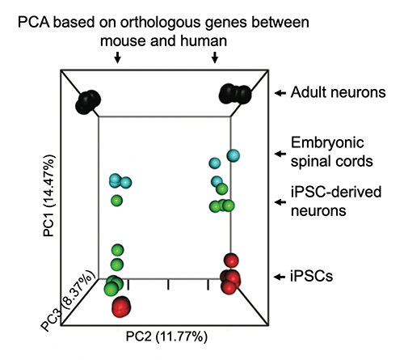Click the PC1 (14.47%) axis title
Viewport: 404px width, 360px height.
tap(49, 196)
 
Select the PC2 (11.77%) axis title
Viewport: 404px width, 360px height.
tap(166, 337)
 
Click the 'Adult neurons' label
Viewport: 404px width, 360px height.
tap(338, 92)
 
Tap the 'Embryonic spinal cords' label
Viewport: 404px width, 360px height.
tap(332, 152)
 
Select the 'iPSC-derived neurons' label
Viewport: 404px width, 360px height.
tap(336, 201)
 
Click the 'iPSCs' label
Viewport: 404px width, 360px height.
tap(312, 276)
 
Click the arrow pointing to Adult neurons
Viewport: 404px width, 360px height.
tap(280, 93)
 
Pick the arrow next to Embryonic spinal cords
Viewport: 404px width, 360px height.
tap(280, 154)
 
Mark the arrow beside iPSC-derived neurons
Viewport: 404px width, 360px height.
tap(280, 202)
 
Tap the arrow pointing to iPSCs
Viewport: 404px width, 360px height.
tap(280, 277)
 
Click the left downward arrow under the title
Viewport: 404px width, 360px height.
tap(117, 57)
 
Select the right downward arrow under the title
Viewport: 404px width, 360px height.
tap(215, 57)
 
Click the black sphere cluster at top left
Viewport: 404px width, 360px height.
tap(88, 102)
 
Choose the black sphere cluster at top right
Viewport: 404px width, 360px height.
tap(235, 94)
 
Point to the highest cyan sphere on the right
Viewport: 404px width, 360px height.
tap(234, 155)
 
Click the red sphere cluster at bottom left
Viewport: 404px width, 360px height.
tap(121, 307)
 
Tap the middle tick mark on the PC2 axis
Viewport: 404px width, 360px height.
tap(168, 285)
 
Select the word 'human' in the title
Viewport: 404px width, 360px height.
tap(204, 41)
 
